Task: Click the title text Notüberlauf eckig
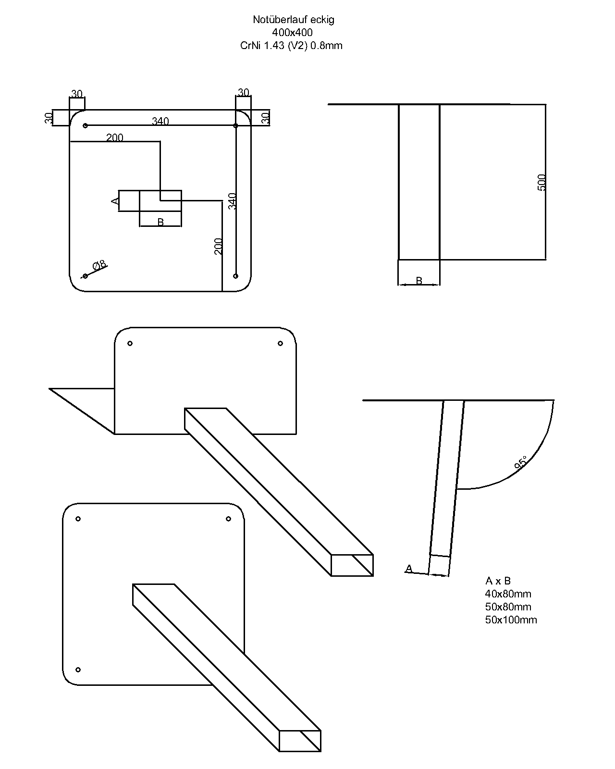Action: pyautogui.click(x=293, y=20)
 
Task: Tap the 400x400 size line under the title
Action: pyautogui.click(x=292, y=33)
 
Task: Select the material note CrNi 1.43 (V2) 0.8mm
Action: pyautogui.click(x=292, y=46)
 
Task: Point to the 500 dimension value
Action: pyautogui.click(x=541, y=183)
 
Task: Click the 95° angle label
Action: pyautogui.click(x=520, y=462)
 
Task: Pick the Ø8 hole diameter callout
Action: pyautogui.click(x=100, y=265)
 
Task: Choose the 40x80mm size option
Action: pyautogui.click(x=508, y=594)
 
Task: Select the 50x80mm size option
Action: pyautogui.click(x=508, y=607)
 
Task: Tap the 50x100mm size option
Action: pyautogui.click(x=511, y=620)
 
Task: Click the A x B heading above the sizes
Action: pyautogui.click(x=498, y=581)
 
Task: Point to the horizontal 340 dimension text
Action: pyautogui.click(x=160, y=121)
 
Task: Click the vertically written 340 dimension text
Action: pyautogui.click(x=233, y=201)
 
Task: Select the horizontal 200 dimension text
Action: pyautogui.click(x=115, y=138)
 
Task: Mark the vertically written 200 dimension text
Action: pyautogui.click(x=219, y=246)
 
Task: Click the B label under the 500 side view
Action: pyautogui.click(x=419, y=281)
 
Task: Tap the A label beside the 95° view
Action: pyautogui.click(x=409, y=569)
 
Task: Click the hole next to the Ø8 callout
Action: pyautogui.click(x=86, y=276)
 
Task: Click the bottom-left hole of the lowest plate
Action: pyautogui.click(x=78, y=670)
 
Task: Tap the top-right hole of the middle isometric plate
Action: pyautogui.click(x=281, y=344)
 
